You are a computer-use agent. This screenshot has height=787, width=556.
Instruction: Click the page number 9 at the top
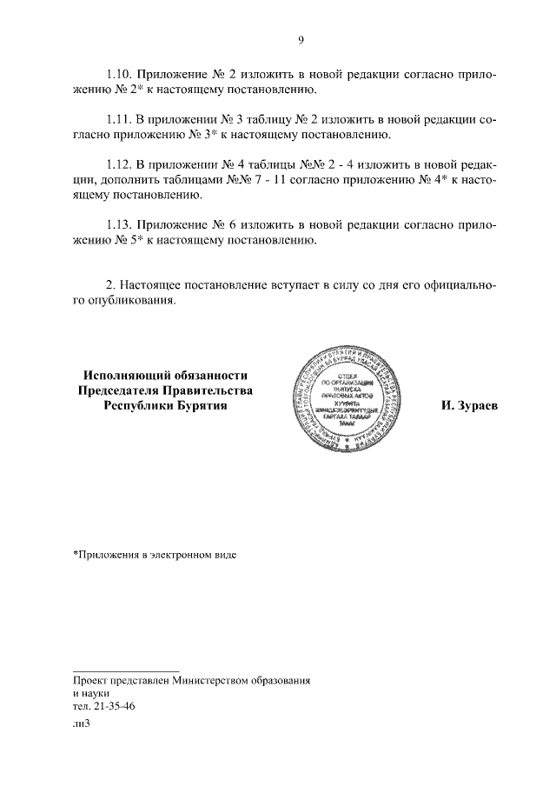pos(300,39)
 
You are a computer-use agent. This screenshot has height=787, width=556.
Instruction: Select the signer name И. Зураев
pos(470,406)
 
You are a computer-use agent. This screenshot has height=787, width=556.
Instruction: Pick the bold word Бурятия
pos(197,405)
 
